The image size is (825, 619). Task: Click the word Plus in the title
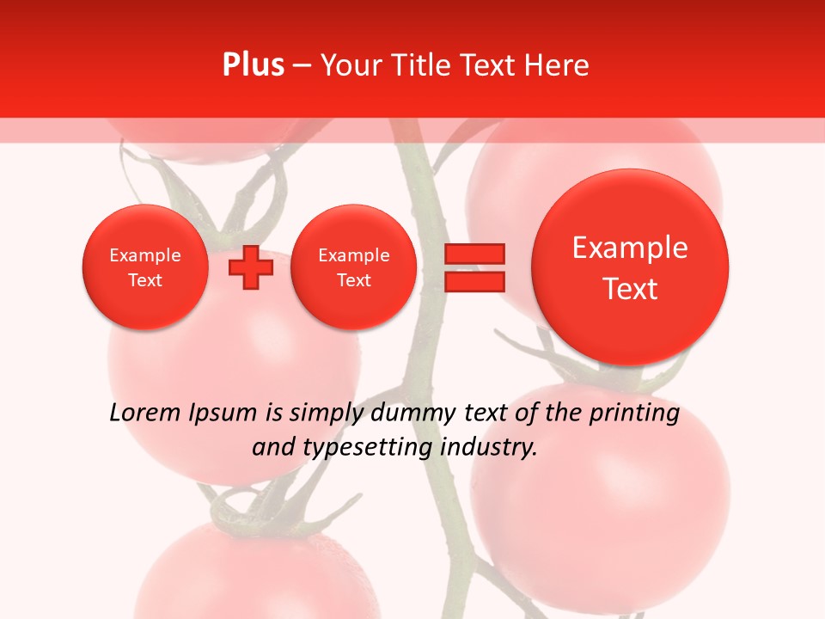tap(253, 64)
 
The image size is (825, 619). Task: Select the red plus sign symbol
tap(251, 268)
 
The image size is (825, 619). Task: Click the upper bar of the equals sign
tap(474, 254)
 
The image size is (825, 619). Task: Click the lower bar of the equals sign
tap(474, 282)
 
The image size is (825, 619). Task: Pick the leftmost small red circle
tap(145, 267)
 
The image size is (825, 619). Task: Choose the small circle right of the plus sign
tap(353, 267)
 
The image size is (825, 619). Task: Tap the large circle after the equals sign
tap(630, 267)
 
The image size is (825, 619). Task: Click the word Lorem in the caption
tap(145, 413)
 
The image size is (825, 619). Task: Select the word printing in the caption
tap(634, 414)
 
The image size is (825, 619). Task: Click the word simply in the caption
tap(328, 414)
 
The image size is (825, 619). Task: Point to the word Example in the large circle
tap(630, 248)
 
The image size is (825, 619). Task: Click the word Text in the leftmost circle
tap(145, 280)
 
